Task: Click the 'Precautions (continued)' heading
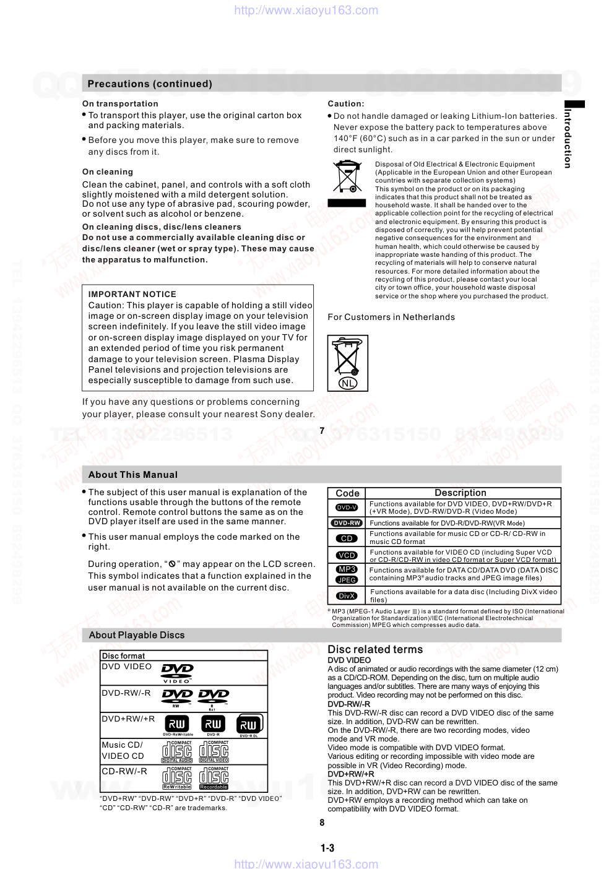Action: [x=150, y=84]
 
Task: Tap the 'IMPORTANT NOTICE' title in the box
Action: [x=132, y=294]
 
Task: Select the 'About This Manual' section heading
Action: [x=132, y=475]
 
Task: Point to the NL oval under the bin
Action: [x=348, y=383]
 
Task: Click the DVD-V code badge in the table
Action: [x=347, y=508]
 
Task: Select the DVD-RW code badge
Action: [x=347, y=523]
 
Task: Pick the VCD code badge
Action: [x=347, y=555]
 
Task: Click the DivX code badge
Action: [x=347, y=596]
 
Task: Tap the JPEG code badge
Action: [x=347, y=580]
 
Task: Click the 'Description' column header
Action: [x=460, y=493]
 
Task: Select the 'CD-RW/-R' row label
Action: [x=124, y=771]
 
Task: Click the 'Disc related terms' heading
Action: [x=375, y=649]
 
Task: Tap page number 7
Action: [x=322, y=431]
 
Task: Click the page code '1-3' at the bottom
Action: [x=327, y=848]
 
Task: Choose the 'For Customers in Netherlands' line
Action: [x=391, y=317]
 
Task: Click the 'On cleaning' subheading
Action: [x=108, y=171]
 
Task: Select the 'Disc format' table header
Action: [x=123, y=655]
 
